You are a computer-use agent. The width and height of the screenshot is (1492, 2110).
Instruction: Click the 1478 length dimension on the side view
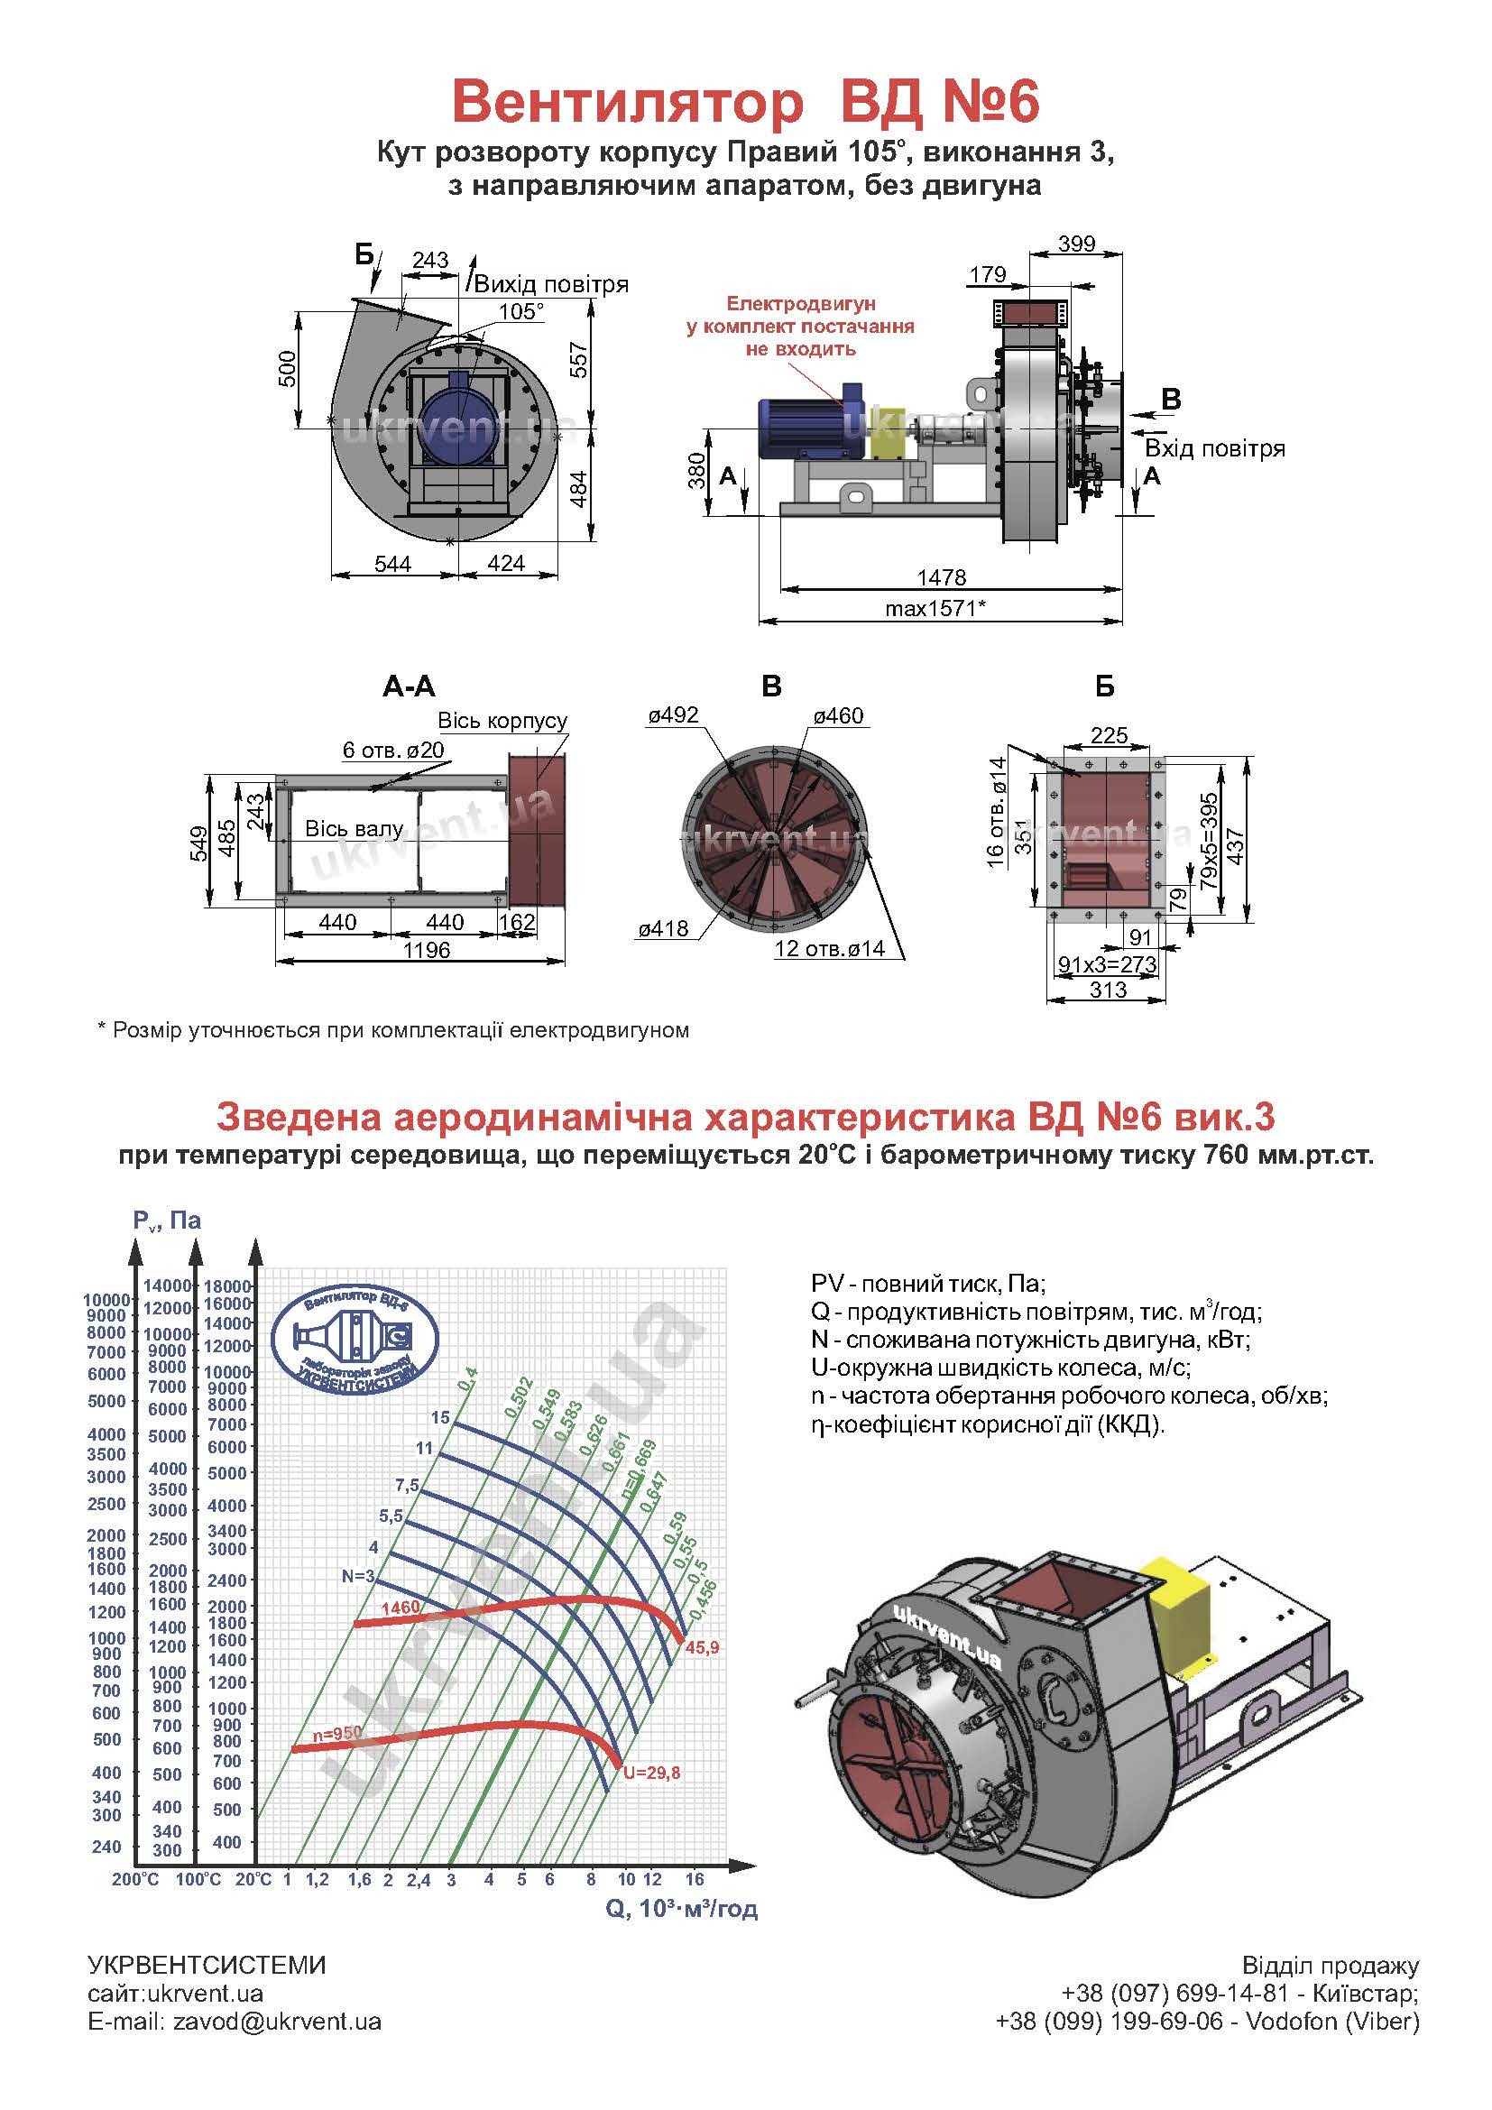click(x=942, y=577)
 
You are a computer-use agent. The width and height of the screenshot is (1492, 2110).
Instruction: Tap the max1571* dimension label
click(x=935, y=607)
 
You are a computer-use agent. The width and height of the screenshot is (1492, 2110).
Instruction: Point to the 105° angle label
click(x=520, y=311)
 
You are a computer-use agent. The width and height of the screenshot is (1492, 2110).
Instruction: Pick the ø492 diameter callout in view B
click(x=674, y=715)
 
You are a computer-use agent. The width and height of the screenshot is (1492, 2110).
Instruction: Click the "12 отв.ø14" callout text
click(x=830, y=948)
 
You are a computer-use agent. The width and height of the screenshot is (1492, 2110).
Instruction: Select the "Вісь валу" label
click(x=354, y=829)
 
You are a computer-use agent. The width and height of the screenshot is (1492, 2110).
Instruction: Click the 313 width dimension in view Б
click(x=1108, y=990)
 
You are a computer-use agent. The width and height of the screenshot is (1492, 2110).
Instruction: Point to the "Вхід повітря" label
click(x=1214, y=448)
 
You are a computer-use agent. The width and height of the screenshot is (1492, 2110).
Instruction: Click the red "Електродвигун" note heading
click(x=801, y=303)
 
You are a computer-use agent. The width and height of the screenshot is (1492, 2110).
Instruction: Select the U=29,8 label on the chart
click(x=652, y=1773)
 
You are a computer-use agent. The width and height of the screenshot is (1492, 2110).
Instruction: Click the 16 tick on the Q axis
click(x=694, y=1878)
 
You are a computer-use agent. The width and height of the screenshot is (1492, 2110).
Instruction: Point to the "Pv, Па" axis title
click(x=166, y=1220)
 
